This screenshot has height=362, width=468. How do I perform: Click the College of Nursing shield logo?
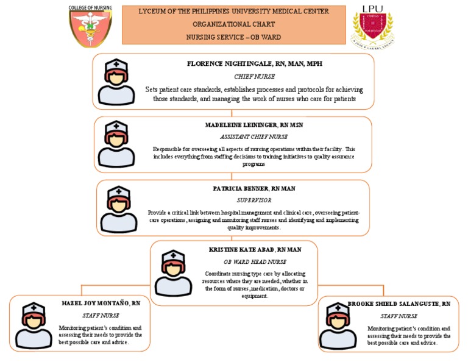coord(90,26)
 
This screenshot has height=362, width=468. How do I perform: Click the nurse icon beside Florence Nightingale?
coord(116,82)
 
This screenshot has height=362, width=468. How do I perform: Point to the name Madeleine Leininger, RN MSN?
coord(253,125)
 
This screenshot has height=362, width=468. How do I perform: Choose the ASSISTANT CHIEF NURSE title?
coord(253,137)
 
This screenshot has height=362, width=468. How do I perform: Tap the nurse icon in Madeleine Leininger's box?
coord(116,144)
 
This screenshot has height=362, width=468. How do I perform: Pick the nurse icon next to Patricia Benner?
coord(118,209)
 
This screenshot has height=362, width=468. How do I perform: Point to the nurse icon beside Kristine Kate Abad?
coord(172,273)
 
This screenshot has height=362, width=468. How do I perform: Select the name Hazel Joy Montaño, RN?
coord(101,303)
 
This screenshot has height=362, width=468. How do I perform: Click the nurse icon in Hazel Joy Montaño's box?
coord(34,325)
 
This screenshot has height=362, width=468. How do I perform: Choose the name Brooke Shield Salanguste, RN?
coord(399,303)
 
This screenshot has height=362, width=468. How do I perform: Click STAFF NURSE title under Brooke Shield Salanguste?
coord(399,316)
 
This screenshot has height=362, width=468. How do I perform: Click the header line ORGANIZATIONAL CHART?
coord(234,24)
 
